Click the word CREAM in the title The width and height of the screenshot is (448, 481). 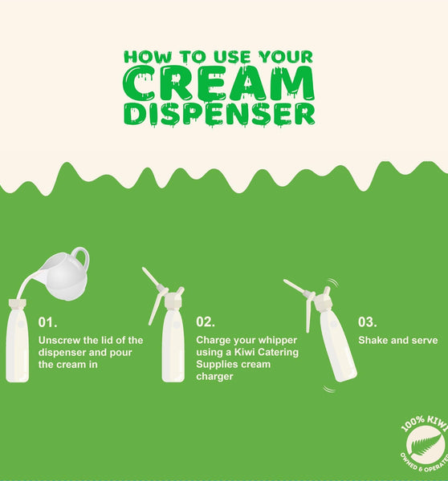(218, 83)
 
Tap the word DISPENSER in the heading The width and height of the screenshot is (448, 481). (219, 115)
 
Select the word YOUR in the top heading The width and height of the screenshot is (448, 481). (286, 57)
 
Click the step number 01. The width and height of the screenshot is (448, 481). (47, 322)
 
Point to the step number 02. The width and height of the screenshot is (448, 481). (206, 321)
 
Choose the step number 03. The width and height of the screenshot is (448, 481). (368, 321)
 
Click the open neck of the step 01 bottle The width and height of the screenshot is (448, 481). (18, 304)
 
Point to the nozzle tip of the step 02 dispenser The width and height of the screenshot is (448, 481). (144, 269)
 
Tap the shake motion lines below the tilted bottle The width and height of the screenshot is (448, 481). (329, 390)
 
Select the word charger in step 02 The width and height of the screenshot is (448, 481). (214, 377)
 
